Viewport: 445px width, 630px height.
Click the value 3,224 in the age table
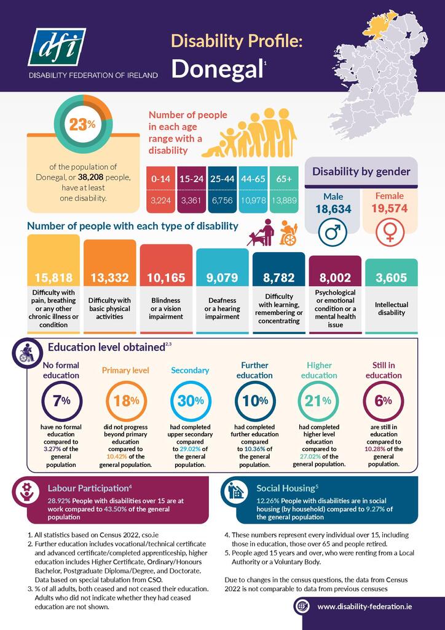coord(160,201)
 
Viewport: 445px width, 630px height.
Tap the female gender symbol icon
coord(388,231)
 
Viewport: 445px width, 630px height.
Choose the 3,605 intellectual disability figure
coord(392,278)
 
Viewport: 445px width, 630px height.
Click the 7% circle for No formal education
coord(61,401)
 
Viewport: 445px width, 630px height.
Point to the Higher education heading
coord(319,370)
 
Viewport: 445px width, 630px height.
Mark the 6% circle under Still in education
coord(383,401)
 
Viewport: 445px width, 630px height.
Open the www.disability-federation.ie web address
coord(364,607)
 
